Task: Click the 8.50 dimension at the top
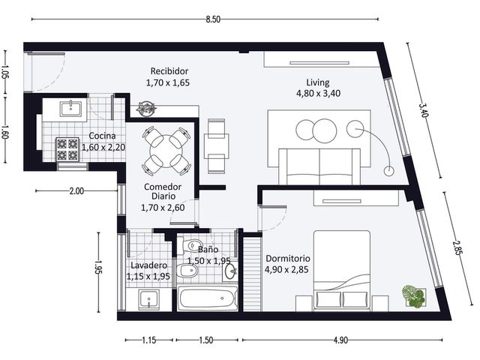pyautogui.click(x=213, y=19)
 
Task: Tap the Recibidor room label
pyautogui.click(x=169, y=71)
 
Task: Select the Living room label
pyautogui.click(x=318, y=82)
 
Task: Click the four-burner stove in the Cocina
pyautogui.click(x=67, y=149)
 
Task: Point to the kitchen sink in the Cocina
pyautogui.click(x=71, y=109)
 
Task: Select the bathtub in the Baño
pyautogui.click(x=209, y=298)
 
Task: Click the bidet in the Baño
pyautogui.click(x=187, y=271)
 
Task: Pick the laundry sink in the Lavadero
pyautogui.click(x=149, y=298)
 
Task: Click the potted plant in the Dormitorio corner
pyautogui.click(x=414, y=296)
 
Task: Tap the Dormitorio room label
pyautogui.click(x=288, y=258)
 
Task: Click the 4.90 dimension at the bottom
pyautogui.click(x=340, y=340)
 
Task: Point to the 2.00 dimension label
pyautogui.click(x=76, y=191)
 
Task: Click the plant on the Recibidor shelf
pyautogui.click(x=146, y=109)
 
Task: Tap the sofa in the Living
pyautogui.click(x=319, y=166)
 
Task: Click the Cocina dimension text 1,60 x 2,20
pyautogui.click(x=103, y=147)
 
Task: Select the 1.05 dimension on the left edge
pyautogui.click(x=5, y=72)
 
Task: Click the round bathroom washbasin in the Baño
pyautogui.click(x=229, y=271)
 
